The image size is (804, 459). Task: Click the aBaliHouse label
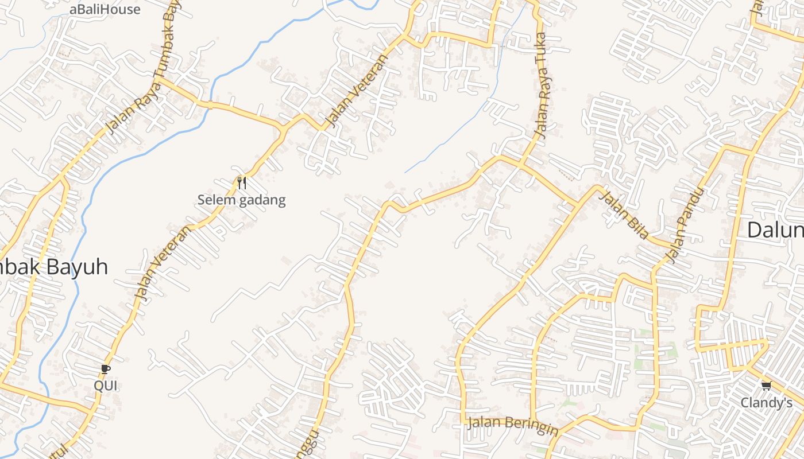coord(105,9)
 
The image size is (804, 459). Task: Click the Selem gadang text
coord(241,200)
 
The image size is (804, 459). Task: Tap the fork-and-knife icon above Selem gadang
coord(242,183)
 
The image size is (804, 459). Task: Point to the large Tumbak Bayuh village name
coord(54,267)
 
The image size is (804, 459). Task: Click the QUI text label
coord(106,386)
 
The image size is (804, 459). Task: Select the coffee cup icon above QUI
coord(105,369)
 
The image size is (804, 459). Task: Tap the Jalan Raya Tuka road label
coord(542,86)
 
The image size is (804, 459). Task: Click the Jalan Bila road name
coord(624,216)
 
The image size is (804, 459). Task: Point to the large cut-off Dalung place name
coord(775,230)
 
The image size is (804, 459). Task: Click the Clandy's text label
coord(766,403)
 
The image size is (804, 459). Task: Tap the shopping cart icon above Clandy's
coord(766,386)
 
